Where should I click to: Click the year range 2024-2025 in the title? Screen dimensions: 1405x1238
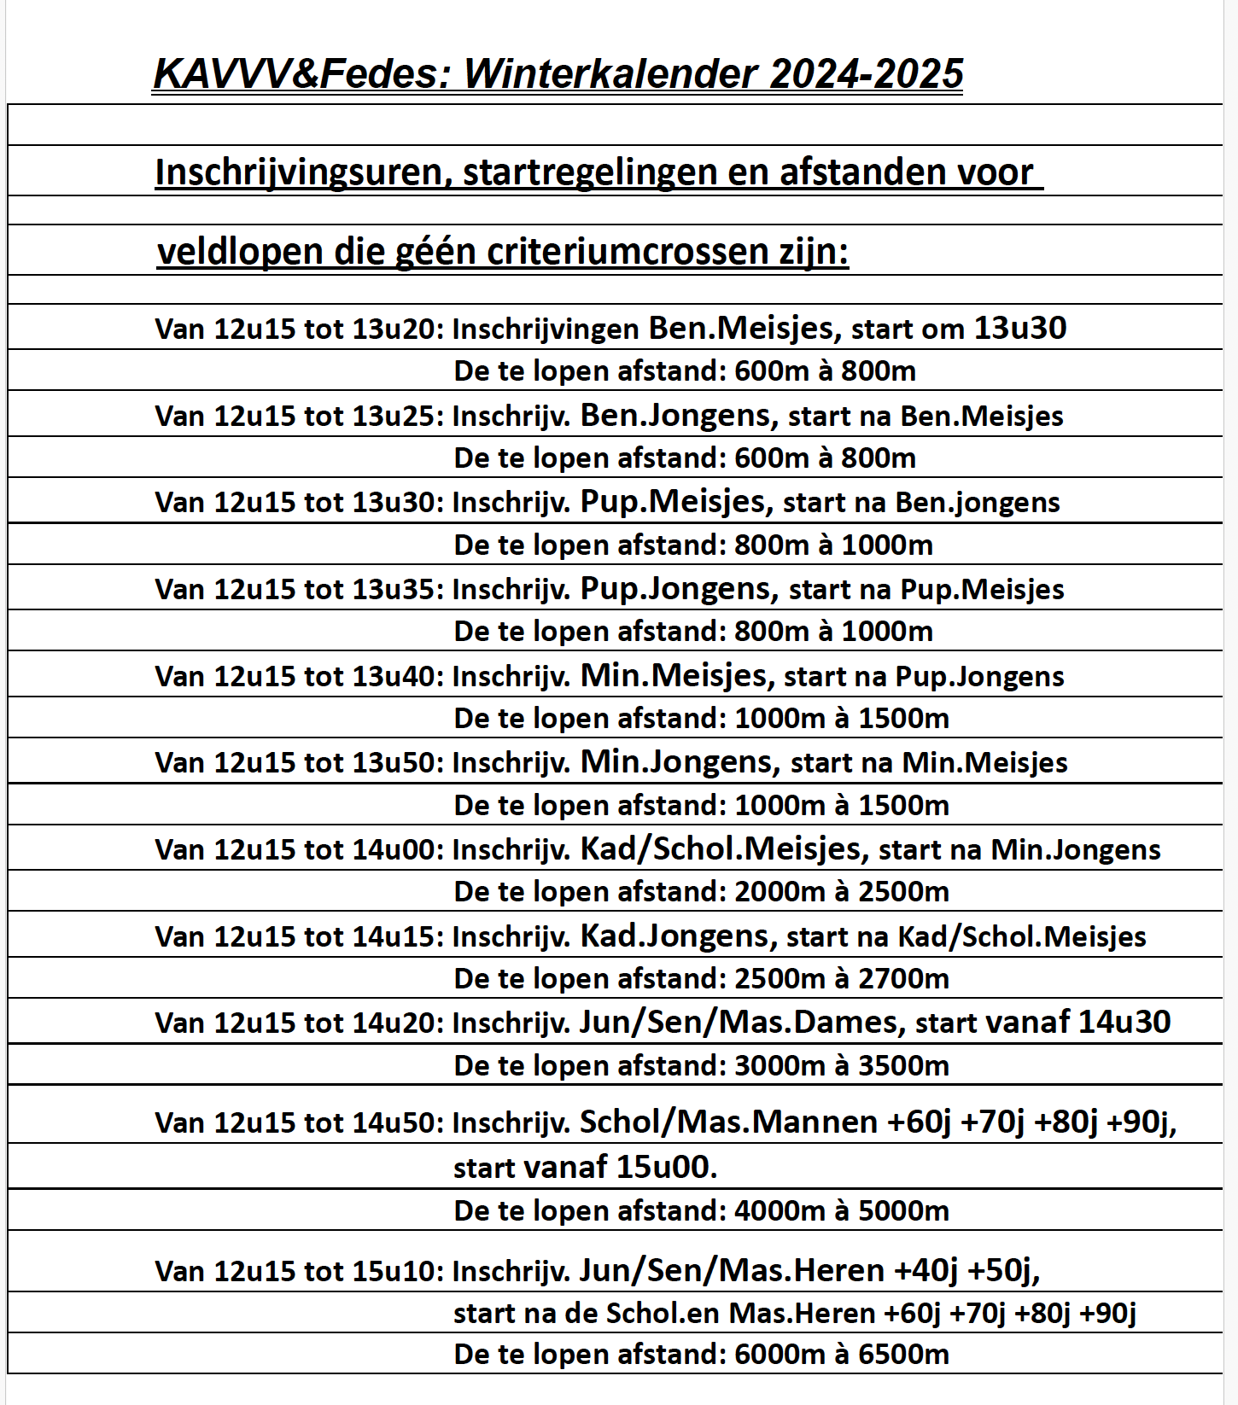866,74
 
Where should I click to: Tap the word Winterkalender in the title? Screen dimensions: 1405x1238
610,74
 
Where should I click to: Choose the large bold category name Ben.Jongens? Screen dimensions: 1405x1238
675,416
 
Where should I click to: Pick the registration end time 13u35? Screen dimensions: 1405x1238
397,589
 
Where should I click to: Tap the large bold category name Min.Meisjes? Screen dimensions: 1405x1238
674,676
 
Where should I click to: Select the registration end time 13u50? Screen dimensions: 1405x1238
397,763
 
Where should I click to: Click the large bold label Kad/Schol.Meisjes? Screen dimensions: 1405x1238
721,849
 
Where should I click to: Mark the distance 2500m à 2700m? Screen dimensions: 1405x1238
841,979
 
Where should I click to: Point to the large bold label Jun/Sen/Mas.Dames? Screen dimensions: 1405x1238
739,1023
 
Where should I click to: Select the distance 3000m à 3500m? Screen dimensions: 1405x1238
841,1066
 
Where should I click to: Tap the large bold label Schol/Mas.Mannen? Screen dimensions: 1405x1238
728,1122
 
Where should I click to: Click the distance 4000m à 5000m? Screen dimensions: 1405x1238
841,1211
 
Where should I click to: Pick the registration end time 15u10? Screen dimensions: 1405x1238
397,1272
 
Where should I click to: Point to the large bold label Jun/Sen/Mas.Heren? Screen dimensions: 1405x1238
732,1272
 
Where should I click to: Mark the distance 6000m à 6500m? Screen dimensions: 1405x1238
841,1355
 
